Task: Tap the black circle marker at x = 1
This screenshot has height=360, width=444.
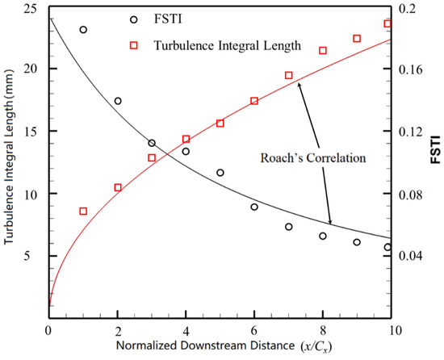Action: (x=83, y=30)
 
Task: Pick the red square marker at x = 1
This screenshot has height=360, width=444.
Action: (x=83, y=211)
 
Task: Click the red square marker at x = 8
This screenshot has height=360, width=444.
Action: (x=323, y=51)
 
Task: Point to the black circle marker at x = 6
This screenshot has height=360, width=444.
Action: (x=254, y=207)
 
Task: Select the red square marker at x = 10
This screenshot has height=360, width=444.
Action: (x=387, y=23)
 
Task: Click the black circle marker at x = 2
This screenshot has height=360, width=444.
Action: (x=118, y=101)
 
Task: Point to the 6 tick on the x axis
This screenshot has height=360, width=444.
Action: (x=254, y=331)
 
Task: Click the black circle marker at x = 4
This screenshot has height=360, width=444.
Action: (x=186, y=152)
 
